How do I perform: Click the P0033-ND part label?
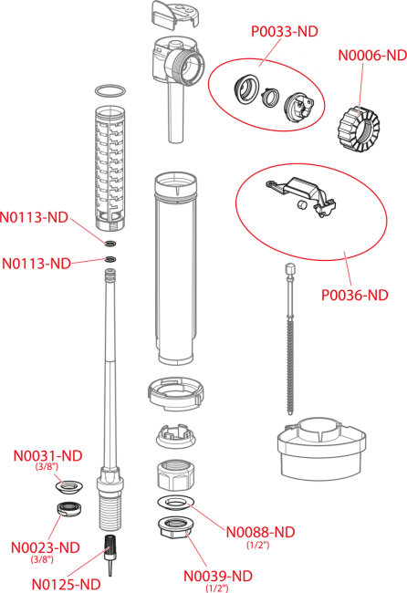point(284,32)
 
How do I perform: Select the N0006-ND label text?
point(371,56)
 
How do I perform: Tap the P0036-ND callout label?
point(354,296)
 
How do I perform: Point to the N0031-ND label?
point(47,455)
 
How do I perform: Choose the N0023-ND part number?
point(45,547)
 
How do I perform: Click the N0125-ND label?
point(66,584)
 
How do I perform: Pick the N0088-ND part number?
point(260,532)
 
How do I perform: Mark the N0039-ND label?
point(217,576)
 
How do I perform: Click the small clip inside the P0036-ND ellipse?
point(297,195)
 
